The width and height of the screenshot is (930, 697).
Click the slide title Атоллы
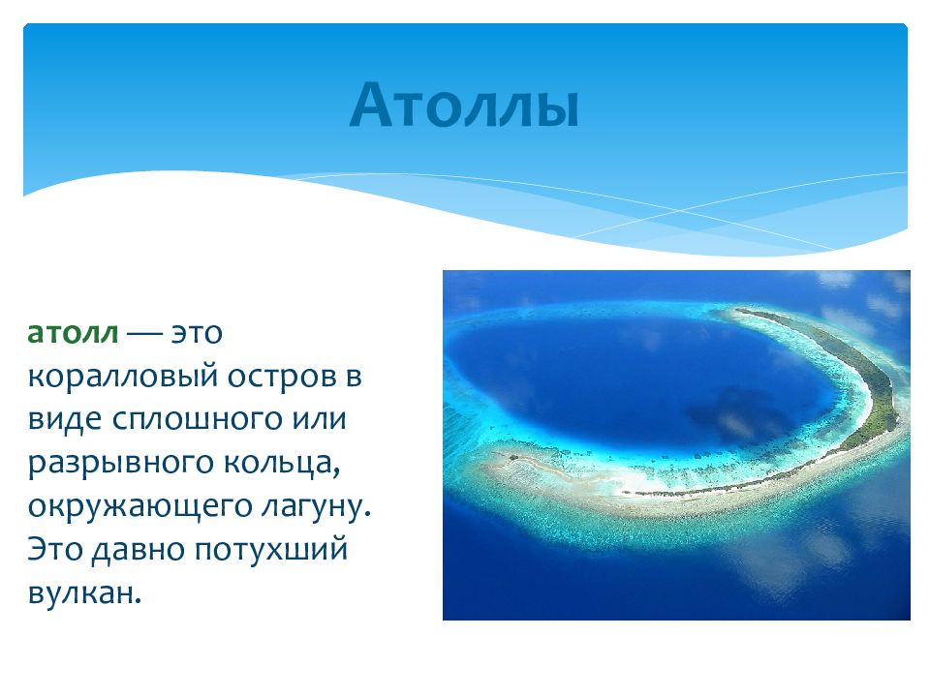coord(464,105)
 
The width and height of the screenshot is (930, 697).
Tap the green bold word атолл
coord(73,332)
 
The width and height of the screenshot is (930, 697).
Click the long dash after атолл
coord(144,334)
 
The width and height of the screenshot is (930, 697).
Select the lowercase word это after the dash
coord(197,333)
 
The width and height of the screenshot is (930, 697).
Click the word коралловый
coord(123,378)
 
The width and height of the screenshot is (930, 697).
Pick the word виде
coord(65,419)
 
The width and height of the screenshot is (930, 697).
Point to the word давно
coord(139,550)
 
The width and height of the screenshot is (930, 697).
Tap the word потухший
coord(270,551)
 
